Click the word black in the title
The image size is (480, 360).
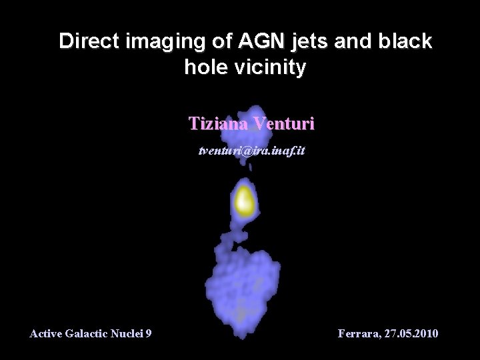coord(404,41)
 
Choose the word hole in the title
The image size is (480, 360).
coord(203,67)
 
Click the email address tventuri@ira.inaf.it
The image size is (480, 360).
coord(252,151)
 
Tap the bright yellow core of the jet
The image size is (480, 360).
coord(244,201)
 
